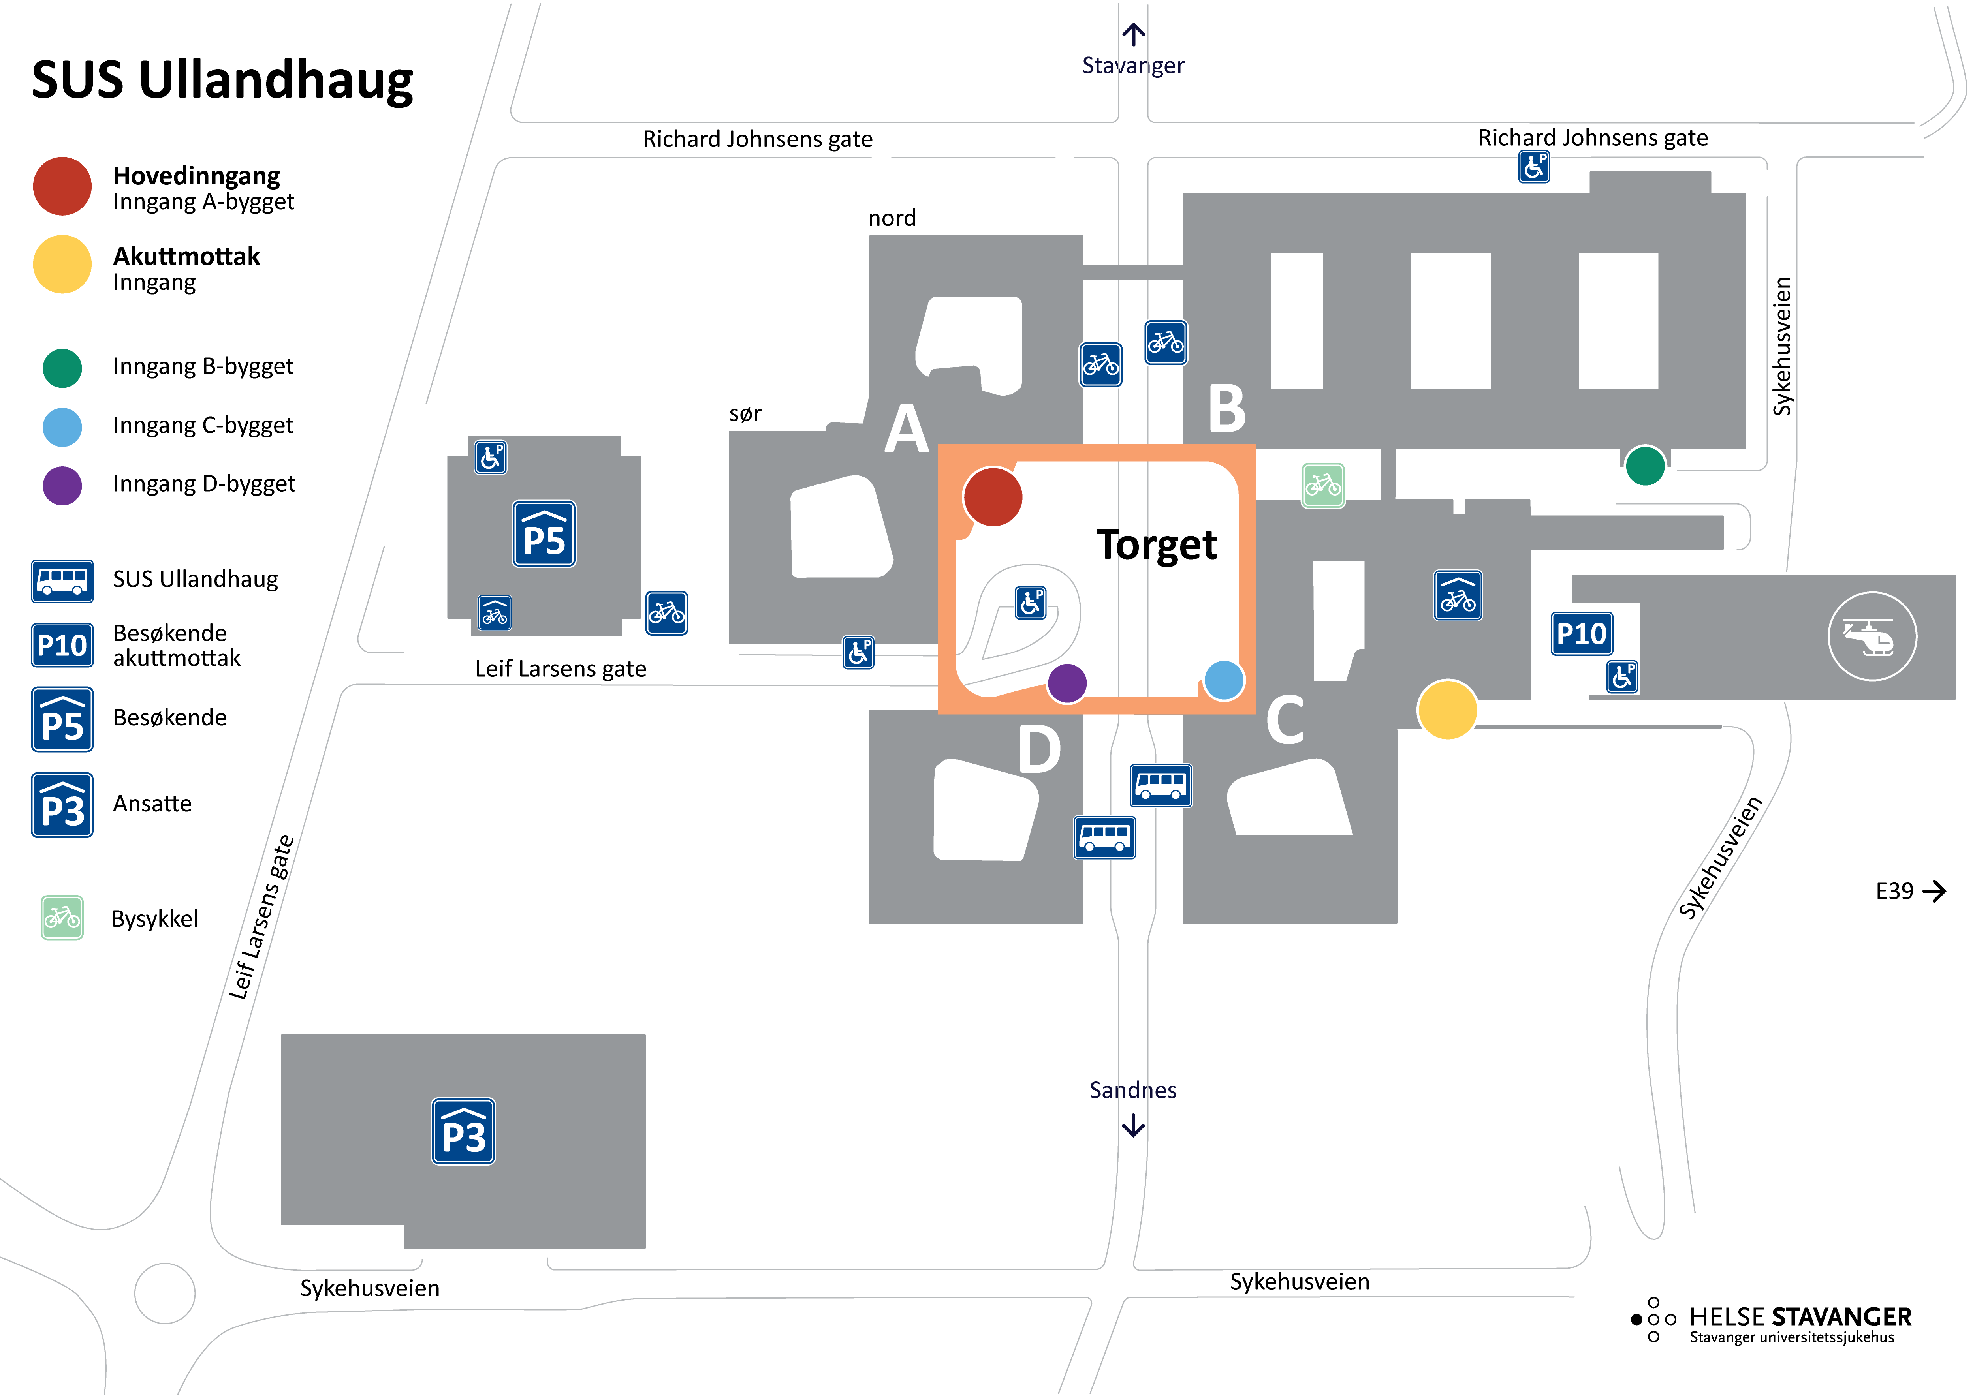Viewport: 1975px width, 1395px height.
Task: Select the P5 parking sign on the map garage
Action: [544, 534]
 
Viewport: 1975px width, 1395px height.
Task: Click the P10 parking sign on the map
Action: [1581, 634]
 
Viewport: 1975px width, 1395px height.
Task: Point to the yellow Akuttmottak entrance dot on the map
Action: [1447, 710]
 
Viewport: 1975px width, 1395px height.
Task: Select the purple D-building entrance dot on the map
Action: [1066, 684]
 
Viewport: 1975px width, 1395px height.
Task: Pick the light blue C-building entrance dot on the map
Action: [1223, 680]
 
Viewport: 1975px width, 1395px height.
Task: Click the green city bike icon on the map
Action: [1322, 486]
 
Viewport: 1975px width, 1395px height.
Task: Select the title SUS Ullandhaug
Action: [222, 80]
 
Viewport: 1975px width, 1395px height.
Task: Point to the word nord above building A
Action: [891, 218]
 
